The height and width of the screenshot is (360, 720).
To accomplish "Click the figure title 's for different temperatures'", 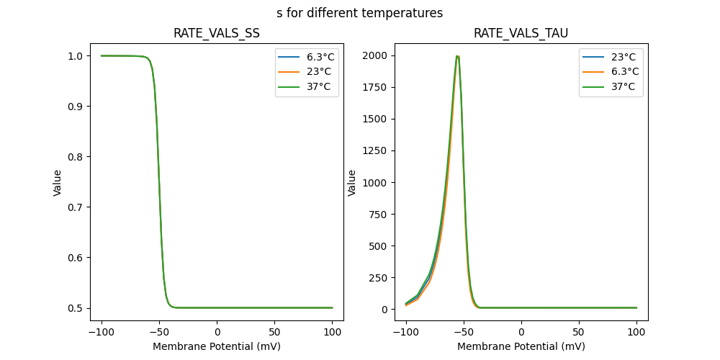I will (x=359, y=13).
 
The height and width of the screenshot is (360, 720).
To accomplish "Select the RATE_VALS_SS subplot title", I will (x=217, y=33).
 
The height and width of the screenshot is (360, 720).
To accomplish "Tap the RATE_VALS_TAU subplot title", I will (x=521, y=33).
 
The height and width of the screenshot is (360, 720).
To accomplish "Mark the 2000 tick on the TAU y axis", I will (x=375, y=55).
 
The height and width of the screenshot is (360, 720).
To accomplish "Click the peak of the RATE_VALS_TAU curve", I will (x=457, y=56).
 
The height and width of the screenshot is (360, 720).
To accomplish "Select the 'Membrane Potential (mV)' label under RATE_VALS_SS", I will (x=217, y=346).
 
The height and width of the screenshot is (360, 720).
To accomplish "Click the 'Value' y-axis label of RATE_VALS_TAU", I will (x=352, y=183).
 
